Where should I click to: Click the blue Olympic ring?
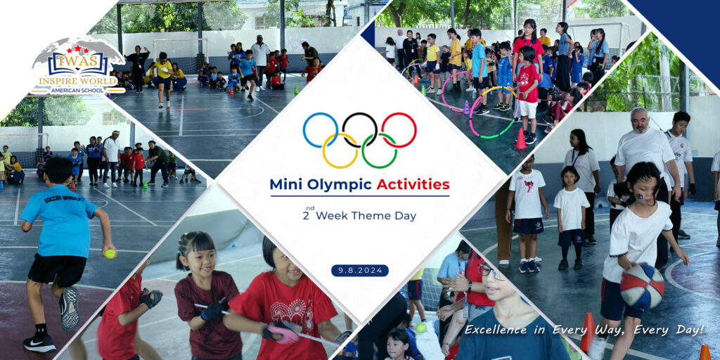[x=304, y=130]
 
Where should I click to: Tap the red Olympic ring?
[x=416, y=130]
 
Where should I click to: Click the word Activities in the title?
[x=413, y=185]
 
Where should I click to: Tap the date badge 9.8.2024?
[x=360, y=271]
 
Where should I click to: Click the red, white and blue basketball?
[x=642, y=287]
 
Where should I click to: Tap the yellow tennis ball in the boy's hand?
[x=110, y=253]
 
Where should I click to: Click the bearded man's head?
[x=640, y=120]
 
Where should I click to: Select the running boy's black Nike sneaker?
[x=39, y=343]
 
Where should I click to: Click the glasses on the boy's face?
[x=490, y=272]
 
